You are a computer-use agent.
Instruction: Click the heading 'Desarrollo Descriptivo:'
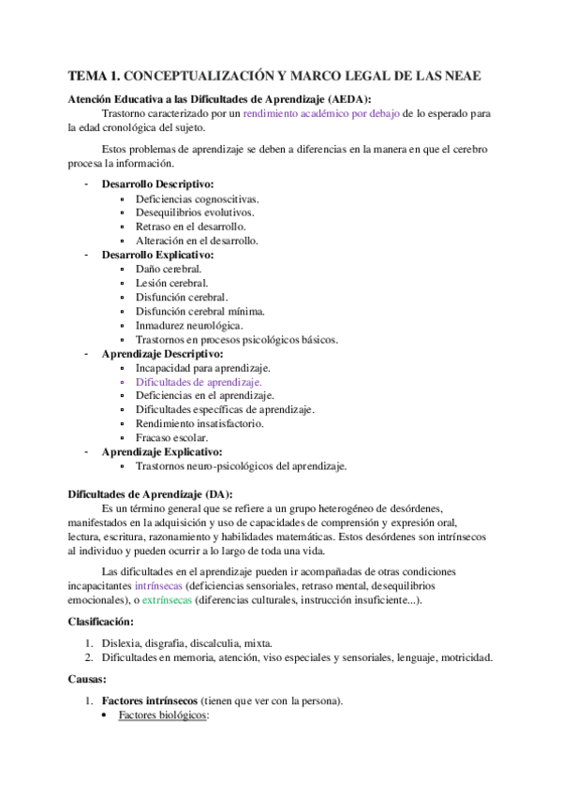tap(157, 184)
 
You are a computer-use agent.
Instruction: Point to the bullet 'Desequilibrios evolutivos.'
tap(194, 213)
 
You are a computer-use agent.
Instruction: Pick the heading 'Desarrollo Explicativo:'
tap(157, 255)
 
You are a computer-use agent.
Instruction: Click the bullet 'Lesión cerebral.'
tap(172, 283)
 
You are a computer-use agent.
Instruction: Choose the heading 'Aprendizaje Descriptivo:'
tap(162, 354)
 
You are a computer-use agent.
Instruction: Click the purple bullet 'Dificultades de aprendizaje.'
tap(199, 382)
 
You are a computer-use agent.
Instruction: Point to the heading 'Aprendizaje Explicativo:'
tap(161, 451)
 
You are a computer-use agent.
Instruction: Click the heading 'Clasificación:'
tap(102, 622)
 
